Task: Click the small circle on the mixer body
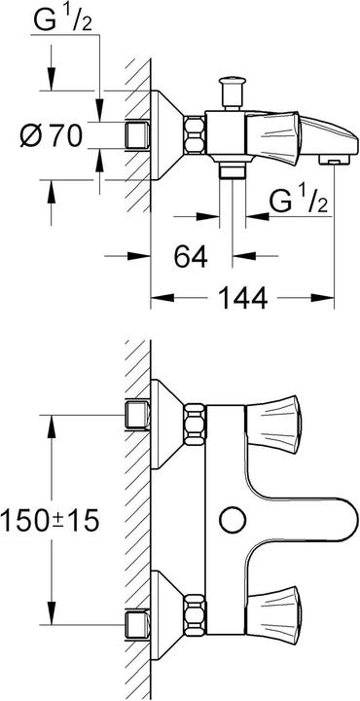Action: click(232, 518)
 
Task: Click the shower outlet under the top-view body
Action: click(232, 171)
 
